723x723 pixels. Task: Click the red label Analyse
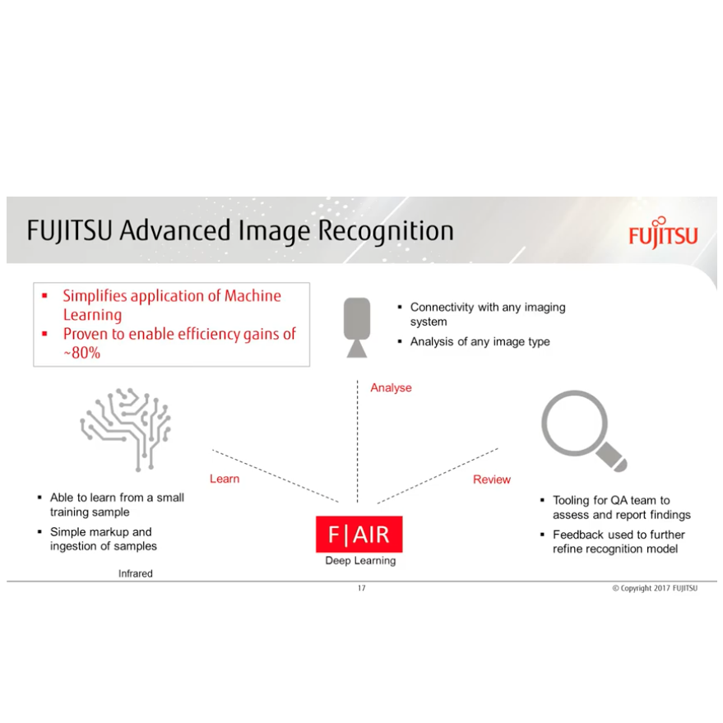point(391,387)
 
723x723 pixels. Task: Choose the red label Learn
point(225,479)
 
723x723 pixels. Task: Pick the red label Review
point(491,480)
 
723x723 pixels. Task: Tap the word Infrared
point(136,573)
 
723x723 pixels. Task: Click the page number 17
point(361,588)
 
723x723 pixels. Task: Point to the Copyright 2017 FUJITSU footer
point(654,588)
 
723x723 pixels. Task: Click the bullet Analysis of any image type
point(480,341)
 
